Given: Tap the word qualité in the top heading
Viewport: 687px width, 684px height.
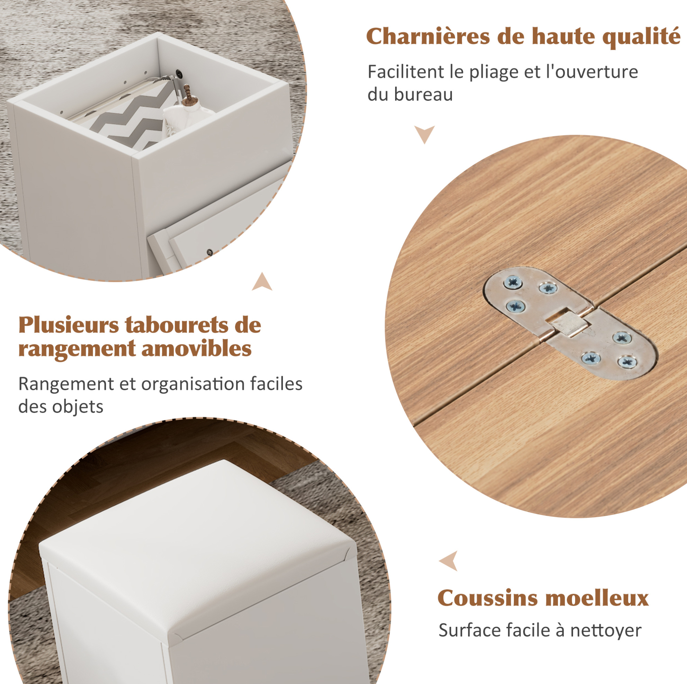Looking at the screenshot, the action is [x=642, y=37].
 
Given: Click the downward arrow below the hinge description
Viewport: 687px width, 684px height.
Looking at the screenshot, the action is [x=424, y=133].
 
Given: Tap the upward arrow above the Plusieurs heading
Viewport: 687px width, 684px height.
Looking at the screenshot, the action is [x=262, y=282].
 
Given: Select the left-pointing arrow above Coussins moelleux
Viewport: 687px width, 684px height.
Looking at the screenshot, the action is [x=449, y=561].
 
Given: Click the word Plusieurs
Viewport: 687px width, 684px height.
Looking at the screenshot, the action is [x=69, y=325].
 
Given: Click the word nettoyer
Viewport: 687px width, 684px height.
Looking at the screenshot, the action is [x=606, y=631].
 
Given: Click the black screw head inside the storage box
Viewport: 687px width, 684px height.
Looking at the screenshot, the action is [x=180, y=73].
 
